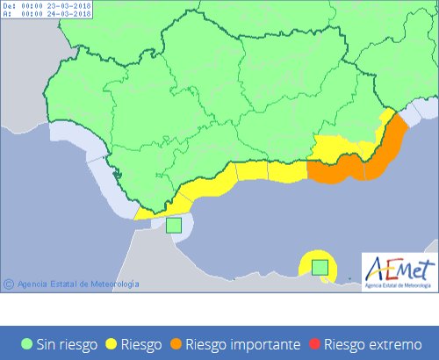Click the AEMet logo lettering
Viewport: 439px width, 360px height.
coord(399,267)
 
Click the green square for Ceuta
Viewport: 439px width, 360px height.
coord(174,225)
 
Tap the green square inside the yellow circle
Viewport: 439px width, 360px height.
coord(320,267)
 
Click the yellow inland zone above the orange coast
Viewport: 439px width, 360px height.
coord(338,145)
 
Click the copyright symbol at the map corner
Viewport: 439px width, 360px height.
coord(9,284)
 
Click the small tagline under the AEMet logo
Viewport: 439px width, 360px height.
coord(399,284)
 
